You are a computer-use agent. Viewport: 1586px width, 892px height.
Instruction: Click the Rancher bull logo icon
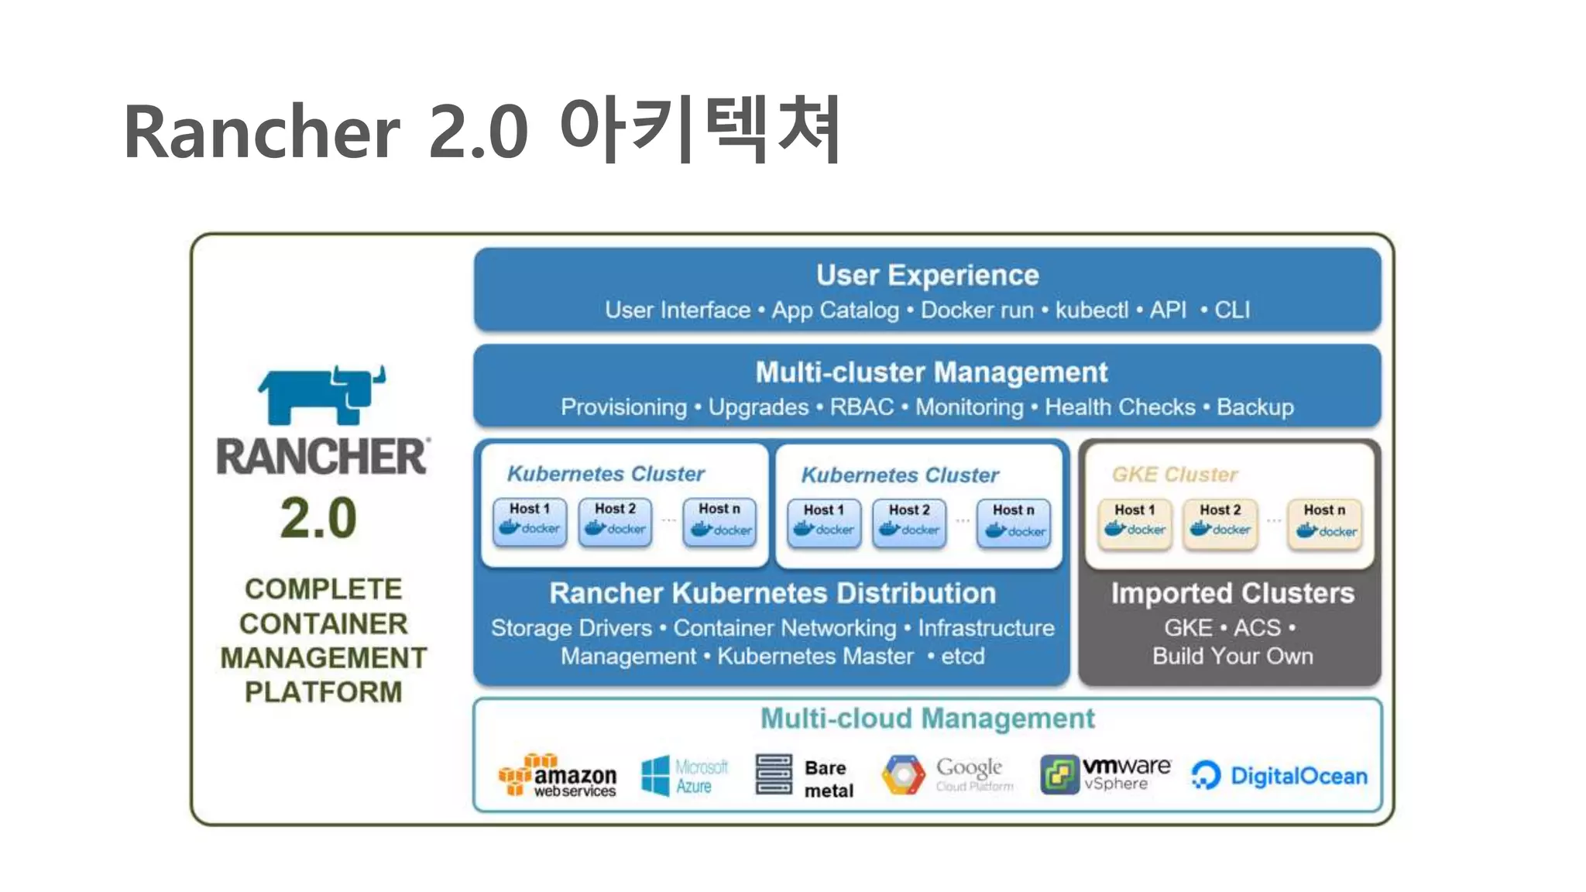point(321,395)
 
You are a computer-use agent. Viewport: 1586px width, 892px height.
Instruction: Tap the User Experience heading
point(927,276)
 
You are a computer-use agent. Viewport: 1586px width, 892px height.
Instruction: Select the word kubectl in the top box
point(1091,310)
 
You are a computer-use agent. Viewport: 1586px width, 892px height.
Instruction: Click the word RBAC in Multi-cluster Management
point(861,407)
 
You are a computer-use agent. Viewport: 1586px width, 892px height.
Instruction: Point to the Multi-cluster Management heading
point(931,372)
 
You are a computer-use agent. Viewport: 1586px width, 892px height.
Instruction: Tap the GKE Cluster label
point(1174,475)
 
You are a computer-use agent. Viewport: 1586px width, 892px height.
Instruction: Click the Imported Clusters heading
point(1232,593)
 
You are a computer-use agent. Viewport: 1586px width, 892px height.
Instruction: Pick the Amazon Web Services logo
point(558,775)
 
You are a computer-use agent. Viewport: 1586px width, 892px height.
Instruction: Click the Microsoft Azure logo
point(685,776)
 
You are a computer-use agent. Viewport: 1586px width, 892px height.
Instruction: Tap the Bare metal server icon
point(773,774)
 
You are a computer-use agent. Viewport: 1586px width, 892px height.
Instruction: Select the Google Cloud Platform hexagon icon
point(903,774)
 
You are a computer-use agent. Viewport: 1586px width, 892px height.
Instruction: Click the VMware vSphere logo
point(1105,774)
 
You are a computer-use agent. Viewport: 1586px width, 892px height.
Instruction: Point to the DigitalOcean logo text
point(1298,776)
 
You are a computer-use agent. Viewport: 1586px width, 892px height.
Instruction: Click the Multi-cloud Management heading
point(927,719)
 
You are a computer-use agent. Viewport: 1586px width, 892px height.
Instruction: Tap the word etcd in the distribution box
point(962,657)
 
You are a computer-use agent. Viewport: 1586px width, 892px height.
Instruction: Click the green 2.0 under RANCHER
point(318,518)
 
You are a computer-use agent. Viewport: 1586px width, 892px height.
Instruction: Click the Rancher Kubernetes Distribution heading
point(772,593)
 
